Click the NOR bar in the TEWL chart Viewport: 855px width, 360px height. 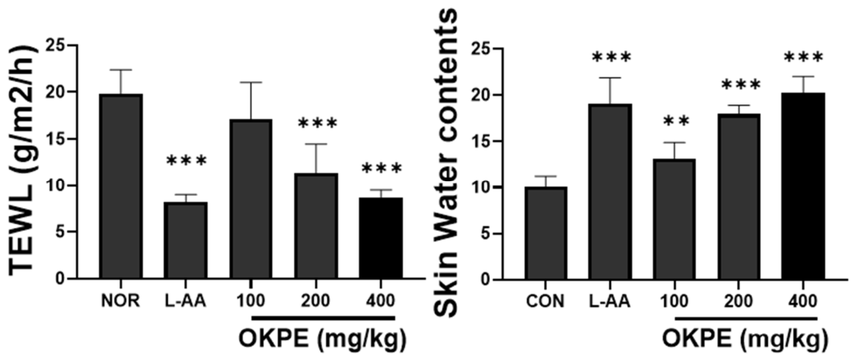pyautogui.click(x=121, y=186)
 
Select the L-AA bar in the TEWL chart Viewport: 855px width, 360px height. pyautogui.click(x=186, y=241)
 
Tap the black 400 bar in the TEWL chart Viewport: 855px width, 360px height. pyautogui.click(x=381, y=238)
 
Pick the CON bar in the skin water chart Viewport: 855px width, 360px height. pyautogui.click(x=546, y=234)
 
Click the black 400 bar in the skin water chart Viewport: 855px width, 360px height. pyautogui.click(x=802, y=186)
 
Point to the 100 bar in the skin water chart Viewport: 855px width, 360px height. pyautogui.click(x=675, y=219)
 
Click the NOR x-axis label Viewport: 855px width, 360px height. pyautogui.click(x=121, y=301)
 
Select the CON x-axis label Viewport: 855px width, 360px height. pyautogui.click(x=546, y=301)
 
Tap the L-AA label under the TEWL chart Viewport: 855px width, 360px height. pyautogui.click(x=186, y=301)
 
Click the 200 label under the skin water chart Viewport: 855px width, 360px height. pyautogui.click(x=739, y=301)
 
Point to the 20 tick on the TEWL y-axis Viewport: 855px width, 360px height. pyautogui.click(x=60, y=92)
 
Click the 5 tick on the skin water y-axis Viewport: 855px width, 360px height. pyautogui.click(x=490, y=234)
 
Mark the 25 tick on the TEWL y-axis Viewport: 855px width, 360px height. pyautogui.click(x=60, y=45)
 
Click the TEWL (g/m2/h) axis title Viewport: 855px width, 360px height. pyautogui.click(x=23, y=163)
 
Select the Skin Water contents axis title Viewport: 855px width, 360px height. pyautogui.click(x=447, y=163)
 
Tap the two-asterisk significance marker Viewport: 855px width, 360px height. pyautogui.click(x=675, y=120)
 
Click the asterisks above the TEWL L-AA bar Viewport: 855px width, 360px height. pyautogui.click(x=186, y=161)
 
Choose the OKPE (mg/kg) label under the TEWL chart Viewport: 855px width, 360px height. pyautogui.click(x=323, y=339)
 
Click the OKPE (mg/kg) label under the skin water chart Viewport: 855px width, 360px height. pyautogui.click(x=746, y=339)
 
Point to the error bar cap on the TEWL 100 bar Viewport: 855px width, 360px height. pyautogui.click(x=250, y=82)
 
